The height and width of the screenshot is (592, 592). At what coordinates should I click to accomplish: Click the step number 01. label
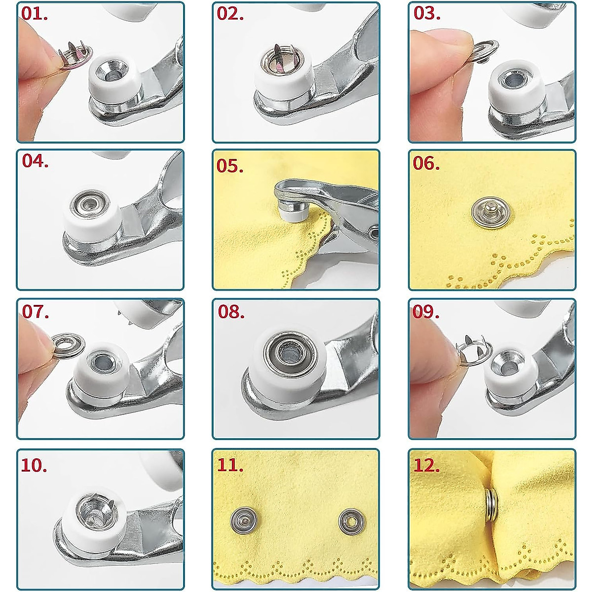35,14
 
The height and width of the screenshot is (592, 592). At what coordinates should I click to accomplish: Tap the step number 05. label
230,166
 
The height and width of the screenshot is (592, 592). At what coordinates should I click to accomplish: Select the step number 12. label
426,465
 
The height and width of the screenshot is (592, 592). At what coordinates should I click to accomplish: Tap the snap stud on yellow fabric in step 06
490,210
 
